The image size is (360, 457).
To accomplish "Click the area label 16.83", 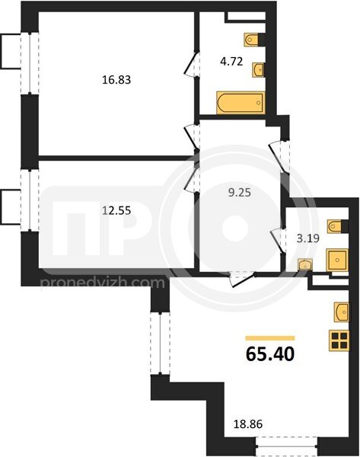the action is [116, 79].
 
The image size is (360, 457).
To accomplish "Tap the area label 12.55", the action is [116, 210].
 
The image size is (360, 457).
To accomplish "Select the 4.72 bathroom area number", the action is [231, 62].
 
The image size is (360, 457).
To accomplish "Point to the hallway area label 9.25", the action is [240, 193].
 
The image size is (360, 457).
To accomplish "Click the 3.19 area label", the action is [307, 238].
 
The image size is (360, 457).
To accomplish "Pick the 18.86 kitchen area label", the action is [248, 424].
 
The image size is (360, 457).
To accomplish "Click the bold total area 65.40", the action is [270, 354].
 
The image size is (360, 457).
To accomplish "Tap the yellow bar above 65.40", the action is [270, 338].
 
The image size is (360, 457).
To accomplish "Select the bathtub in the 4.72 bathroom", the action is [241, 103].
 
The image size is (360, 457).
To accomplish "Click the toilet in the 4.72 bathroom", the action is [254, 40].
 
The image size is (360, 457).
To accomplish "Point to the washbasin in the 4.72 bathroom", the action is [258, 69].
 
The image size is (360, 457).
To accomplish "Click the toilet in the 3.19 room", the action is [338, 226].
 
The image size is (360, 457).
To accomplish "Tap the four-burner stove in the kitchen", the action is [339, 340].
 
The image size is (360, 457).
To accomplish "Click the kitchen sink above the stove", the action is [342, 312].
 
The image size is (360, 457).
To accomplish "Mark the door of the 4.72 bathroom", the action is [193, 64].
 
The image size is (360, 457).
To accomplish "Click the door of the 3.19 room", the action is [278, 241].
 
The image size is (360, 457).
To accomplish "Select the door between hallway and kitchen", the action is [242, 278].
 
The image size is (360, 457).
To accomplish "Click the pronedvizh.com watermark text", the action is [103, 283].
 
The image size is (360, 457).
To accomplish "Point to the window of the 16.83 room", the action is [30, 63].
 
